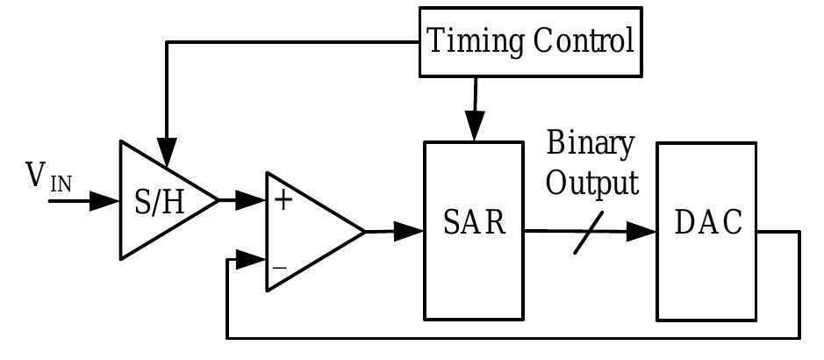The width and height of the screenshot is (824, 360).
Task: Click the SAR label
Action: point(474,223)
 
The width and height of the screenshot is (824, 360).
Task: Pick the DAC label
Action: point(707,223)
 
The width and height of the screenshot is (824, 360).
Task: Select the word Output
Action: point(592,184)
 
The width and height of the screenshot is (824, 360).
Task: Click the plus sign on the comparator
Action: point(283,200)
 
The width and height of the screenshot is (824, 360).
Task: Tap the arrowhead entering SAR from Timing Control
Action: point(475,128)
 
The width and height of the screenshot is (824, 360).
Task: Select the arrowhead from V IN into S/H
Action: point(106,201)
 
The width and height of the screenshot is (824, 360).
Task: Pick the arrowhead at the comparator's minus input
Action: point(254,260)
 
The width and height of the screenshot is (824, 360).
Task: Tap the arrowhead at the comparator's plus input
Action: point(254,201)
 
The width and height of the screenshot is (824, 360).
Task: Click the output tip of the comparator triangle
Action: point(363,232)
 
